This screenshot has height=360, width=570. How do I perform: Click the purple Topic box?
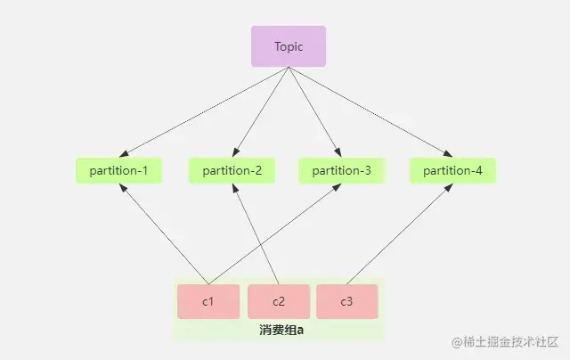click(x=289, y=46)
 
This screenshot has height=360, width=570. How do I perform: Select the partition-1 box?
click(x=118, y=170)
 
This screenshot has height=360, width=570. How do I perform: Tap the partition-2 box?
click(x=232, y=170)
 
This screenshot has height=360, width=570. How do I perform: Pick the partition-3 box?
click(x=342, y=170)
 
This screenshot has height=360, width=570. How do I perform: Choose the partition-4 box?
click(x=453, y=170)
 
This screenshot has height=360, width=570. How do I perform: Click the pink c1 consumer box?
click(x=208, y=301)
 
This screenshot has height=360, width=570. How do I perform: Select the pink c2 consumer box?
click(x=279, y=301)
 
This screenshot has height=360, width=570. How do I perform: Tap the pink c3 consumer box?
click(x=346, y=301)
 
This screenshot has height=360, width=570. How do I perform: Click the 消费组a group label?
click(x=281, y=330)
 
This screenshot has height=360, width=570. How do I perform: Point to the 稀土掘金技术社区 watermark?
click(x=505, y=342)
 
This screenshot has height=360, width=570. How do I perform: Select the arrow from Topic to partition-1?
click(x=204, y=112)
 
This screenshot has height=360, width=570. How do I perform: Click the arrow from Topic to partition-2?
click(x=261, y=112)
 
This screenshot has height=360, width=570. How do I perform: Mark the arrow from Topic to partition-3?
click(x=314, y=112)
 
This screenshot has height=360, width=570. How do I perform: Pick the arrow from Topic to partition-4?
click(x=370, y=112)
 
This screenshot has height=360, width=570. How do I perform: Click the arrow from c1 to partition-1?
click(x=164, y=234)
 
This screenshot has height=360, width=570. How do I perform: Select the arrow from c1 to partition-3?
click(x=275, y=234)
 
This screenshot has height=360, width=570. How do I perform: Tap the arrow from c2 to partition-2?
click(x=256, y=234)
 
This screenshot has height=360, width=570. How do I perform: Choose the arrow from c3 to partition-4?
click(x=400, y=234)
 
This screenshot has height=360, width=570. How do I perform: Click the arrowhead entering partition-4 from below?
click(x=449, y=188)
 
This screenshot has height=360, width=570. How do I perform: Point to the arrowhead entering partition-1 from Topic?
click(x=124, y=154)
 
